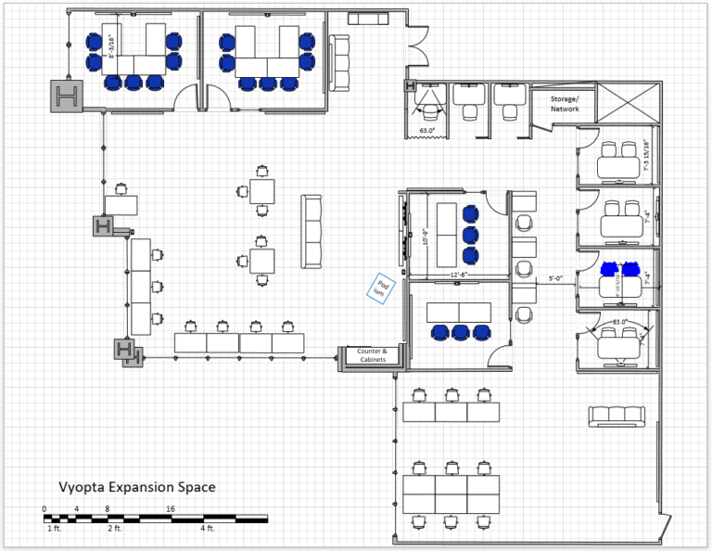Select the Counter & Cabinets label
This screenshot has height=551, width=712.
366,355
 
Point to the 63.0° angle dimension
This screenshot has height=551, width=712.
426,131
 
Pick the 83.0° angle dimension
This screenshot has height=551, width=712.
619,322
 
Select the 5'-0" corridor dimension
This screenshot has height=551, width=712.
556,276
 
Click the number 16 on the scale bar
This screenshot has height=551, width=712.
171,509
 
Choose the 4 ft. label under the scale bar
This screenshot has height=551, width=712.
207,529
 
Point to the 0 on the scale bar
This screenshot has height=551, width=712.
44,509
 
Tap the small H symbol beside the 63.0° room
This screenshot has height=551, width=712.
409,87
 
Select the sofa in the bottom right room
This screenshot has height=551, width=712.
616,415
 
